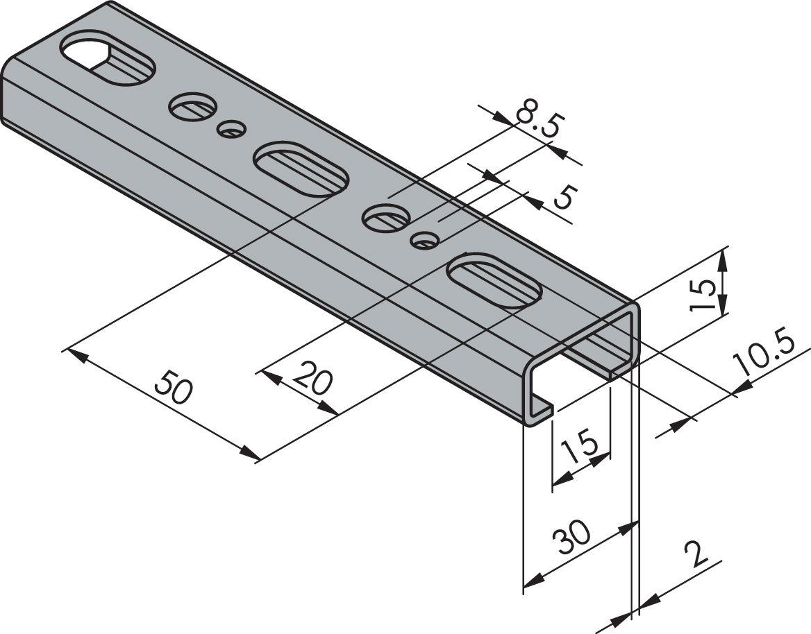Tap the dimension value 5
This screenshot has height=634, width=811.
click(563, 199)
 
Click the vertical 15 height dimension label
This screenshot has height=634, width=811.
click(703, 292)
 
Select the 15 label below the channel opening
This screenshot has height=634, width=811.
click(580, 448)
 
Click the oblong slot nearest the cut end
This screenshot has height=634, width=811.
click(495, 280)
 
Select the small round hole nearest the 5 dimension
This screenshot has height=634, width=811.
click(424, 240)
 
